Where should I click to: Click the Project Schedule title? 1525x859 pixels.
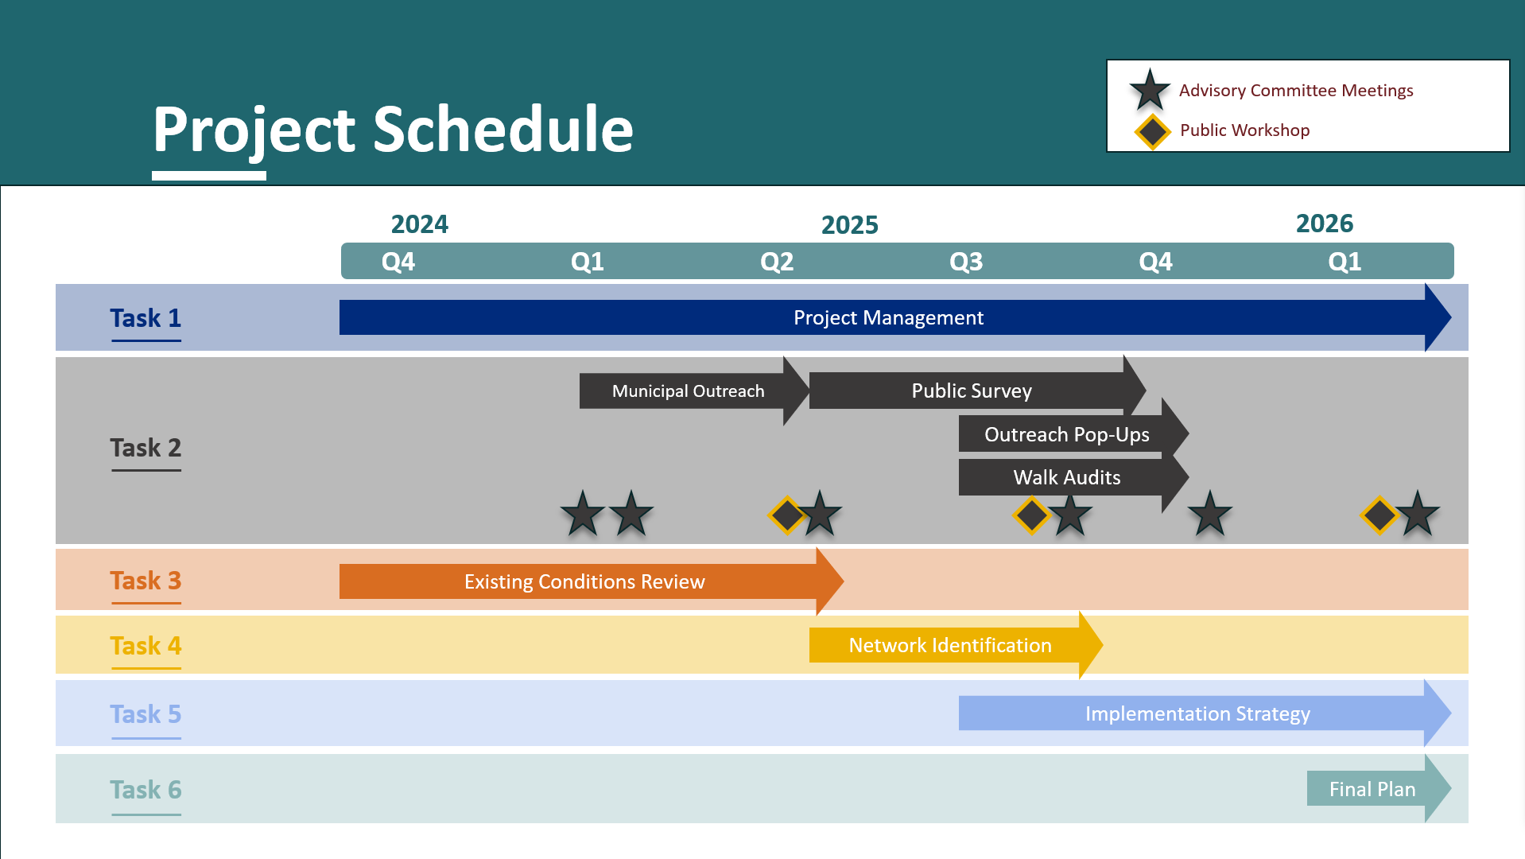point(393,130)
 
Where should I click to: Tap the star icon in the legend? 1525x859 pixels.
point(1150,90)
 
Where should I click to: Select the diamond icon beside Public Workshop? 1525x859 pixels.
point(1152,132)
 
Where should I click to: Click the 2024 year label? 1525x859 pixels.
point(420,224)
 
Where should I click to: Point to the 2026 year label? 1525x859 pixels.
point(1325,223)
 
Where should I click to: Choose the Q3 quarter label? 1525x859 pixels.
point(966,262)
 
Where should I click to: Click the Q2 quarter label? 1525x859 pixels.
point(777,262)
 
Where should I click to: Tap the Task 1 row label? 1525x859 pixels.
point(146,318)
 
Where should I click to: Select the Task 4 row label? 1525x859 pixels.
point(146,646)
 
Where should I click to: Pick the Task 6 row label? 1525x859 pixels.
point(146,790)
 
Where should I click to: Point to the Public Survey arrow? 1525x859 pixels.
point(978,391)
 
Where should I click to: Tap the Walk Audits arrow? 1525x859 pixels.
point(1073,477)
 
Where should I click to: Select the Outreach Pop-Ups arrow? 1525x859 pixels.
point(1073,434)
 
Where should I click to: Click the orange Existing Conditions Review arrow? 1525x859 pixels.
point(592,581)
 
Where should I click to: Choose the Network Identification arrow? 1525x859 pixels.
point(956,645)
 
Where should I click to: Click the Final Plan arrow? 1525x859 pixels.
point(1379,789)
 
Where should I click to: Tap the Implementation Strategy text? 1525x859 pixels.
point(1197,714)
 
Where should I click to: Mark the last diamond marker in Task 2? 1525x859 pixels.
point(1379,515)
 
